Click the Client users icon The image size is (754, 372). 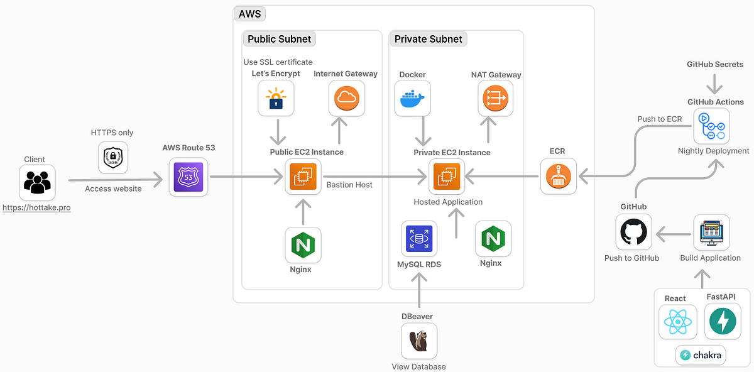pyautogui.click(x=37, y=183)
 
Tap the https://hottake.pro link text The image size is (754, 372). pyautogui.click(x=36, y=207)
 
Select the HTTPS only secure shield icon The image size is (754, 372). pyautogui.click(x=113, y=158)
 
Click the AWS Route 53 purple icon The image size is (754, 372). pyautogui.click(x=188, y=177)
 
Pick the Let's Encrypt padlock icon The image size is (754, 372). pyautogui.click(x=276, y=99)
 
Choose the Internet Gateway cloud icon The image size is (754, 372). pyautogui.click(x=346, y=98)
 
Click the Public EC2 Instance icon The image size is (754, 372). pyautogui.click(x=303, y=177)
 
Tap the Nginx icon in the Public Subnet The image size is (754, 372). pyautogui.click(x=303, y=245)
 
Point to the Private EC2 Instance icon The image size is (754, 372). pyautogui.click(x=447, y=177)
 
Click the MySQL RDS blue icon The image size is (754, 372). pyautogui.click(x=419, y=239)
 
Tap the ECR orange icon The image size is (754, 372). pyautogui.click(x=559, y=177)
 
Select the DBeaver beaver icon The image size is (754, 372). pyautogui.click(x=419, y=341)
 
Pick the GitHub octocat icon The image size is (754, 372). pyautogui.click(x=633, y=232)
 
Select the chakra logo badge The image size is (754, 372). pyautogui.click(x=701, y=355)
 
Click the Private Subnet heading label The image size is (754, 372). pyautogui.click(x=428, y=39)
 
